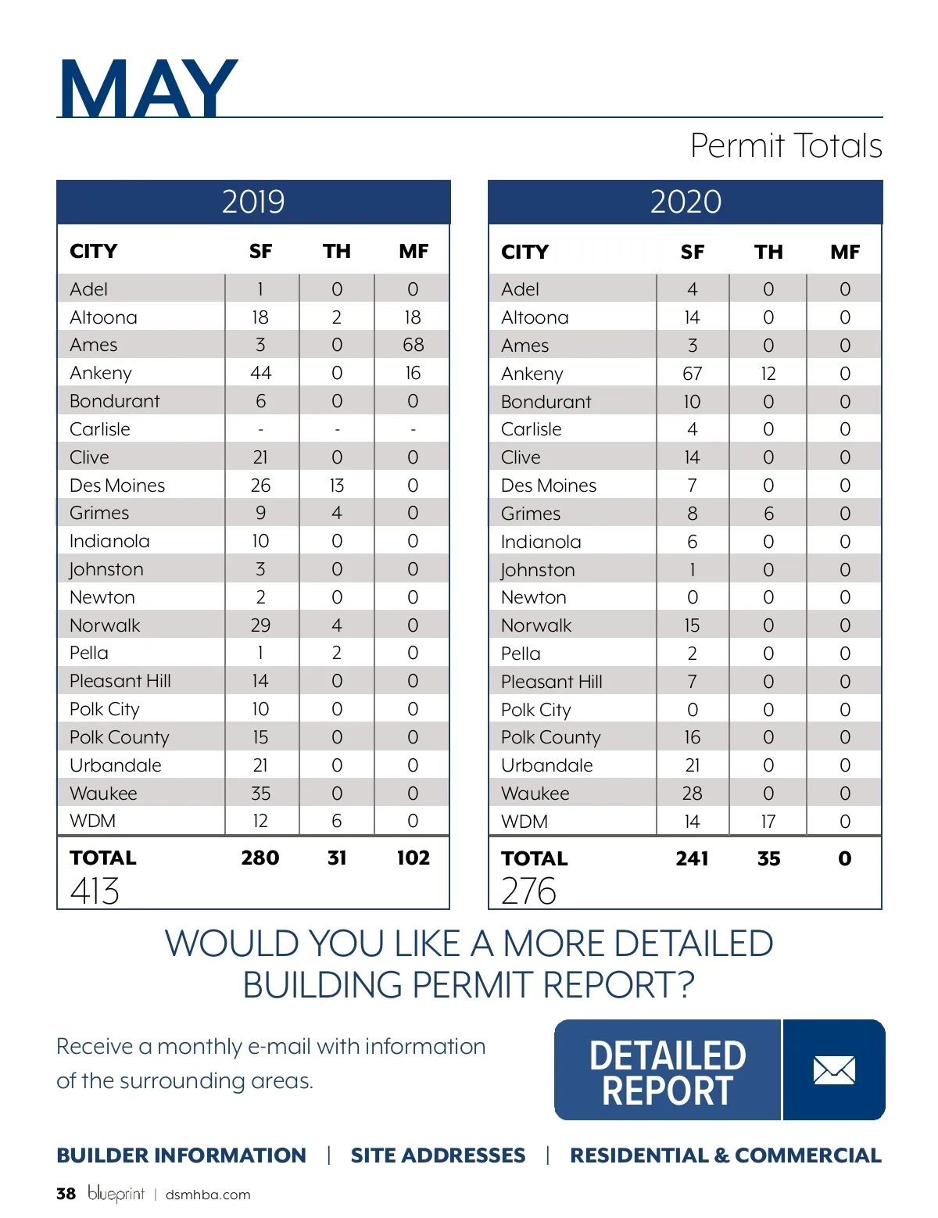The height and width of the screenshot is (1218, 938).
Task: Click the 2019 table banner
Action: click(x=253, y=202)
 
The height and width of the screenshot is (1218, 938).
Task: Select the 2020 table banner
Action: click(x=686, y=202)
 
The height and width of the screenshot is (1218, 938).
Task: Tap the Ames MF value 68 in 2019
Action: click(x=413, y=345)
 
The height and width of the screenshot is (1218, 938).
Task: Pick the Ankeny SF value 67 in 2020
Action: click(x=692, y=374)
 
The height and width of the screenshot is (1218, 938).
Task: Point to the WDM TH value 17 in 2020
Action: click(x=768, y=822)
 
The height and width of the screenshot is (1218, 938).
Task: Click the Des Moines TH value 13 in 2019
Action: click(x=337, y=485)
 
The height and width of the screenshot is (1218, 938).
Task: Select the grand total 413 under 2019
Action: click(x=95, y=890)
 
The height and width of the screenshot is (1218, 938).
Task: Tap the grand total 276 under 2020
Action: click(x=528, y=890)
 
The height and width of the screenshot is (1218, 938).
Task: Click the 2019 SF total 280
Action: click(x=260, y=858)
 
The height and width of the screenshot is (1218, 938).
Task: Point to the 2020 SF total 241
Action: click(x=692, y=858)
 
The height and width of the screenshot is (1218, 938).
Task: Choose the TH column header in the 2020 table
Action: click(x=768, y=252)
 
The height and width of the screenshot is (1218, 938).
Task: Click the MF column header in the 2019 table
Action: click(x=414, y=251)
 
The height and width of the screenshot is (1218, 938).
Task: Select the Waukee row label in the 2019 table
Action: click(x=103, y=793)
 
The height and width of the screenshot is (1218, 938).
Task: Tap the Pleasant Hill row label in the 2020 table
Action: click(x=552, y=682)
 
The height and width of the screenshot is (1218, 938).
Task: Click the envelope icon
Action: click(x=834, y=1069)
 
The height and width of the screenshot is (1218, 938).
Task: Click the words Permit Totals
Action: click(x=786, y=145)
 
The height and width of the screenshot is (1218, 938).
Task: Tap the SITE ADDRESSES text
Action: click(x=438, y=1155)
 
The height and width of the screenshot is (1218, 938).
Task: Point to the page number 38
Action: click(x=66, y=1194)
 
